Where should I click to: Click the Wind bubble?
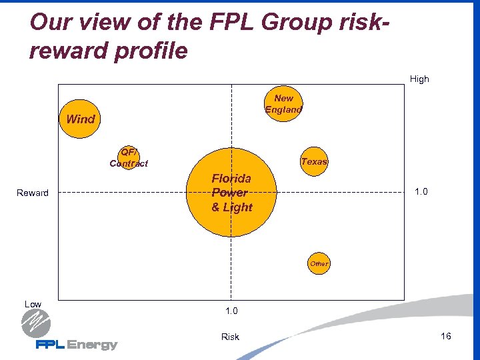coord(79,119)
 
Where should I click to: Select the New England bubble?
coord(283,104)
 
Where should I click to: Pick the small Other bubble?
coord(319,263)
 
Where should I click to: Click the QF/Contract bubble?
coord(127,158)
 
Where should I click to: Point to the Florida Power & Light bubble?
coord(231,192)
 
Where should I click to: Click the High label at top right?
coord(419,79)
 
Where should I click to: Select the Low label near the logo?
coord(33,304)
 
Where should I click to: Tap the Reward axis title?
coord(33,193)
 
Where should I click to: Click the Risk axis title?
coord(230,337)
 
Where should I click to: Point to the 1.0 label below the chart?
coord(231,311)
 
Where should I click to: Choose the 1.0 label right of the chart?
coord(421,192)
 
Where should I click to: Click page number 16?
coord(446,336)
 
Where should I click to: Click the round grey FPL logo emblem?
coord(36,325)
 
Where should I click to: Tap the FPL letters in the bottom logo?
coord(51,345)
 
